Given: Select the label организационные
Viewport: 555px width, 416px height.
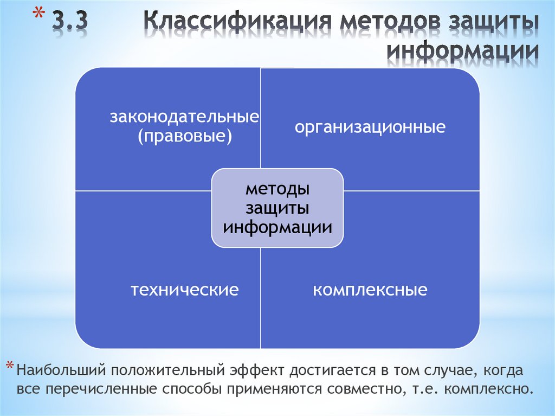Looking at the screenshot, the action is [x=370, y=128].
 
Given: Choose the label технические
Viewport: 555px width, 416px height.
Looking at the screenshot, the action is [x=184, y=290].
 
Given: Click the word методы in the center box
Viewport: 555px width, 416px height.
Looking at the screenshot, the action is [x=277, y=189].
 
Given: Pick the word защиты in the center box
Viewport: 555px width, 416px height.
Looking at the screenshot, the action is [x=277, y=208].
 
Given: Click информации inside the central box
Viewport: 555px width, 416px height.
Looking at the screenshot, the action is [x=277, y=226].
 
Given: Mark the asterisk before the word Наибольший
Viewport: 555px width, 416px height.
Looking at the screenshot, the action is [x=11, y=367].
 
